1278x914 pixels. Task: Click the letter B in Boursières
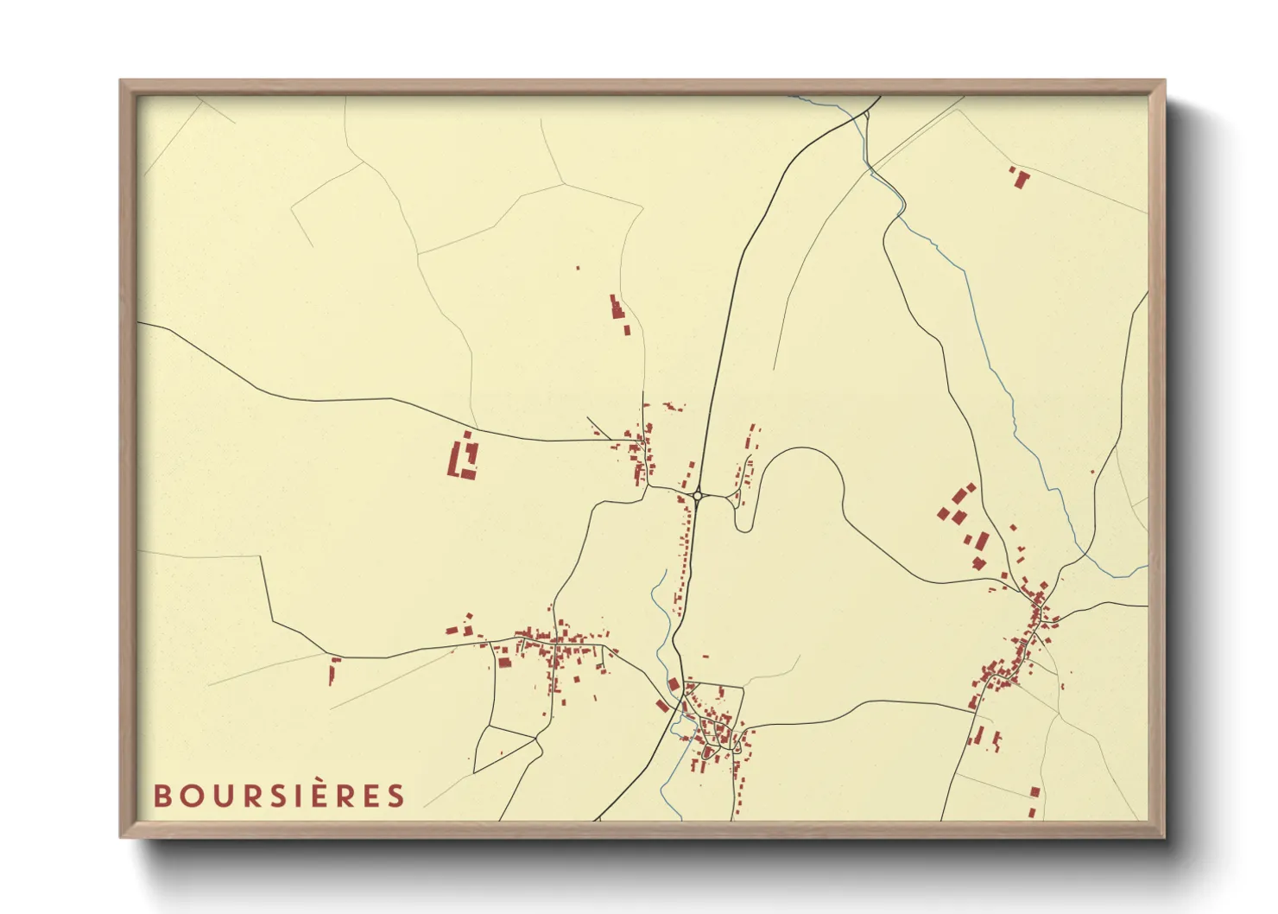(x=163, y=796)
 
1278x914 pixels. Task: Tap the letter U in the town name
(x=222, y=796)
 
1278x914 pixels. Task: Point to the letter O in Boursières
(x=192, y=796)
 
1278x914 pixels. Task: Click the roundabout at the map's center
(x=698, y=496)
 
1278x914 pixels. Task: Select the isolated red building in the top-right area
(x=1021, y=178)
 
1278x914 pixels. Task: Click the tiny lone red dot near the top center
(x=578, y=269)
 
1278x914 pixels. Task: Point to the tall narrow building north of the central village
(x=617, y=308)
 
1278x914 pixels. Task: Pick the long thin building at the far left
(x=332, y=670)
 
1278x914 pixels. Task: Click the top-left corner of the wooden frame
(x=122, y=82)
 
